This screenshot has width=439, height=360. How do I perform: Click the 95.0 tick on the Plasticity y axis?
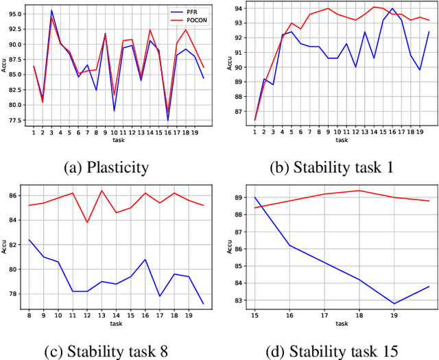(14, 14)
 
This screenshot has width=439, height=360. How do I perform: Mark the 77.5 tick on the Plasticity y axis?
(14, 120)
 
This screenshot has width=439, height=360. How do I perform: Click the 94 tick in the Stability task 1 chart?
(239, 8)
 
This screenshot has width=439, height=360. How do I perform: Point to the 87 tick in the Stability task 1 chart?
(239, 111)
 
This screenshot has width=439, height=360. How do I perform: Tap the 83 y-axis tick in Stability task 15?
(239, 300)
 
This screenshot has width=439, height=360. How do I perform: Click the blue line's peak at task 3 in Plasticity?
(52, 10)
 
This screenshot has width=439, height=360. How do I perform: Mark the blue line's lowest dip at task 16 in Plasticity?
(168, 121)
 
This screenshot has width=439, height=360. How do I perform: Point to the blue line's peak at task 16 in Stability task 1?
(392, 9)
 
